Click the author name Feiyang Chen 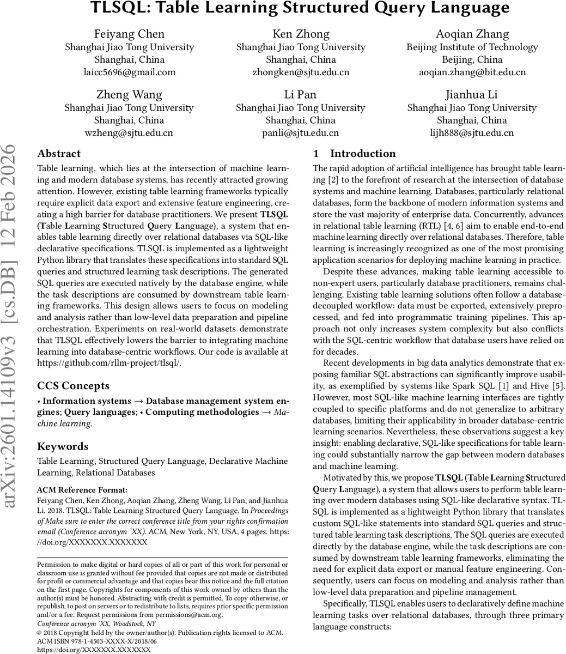point(129,34)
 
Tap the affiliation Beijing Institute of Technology point(472,47)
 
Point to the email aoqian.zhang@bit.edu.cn point(472,72)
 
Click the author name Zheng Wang point(129,94)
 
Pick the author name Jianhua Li point(472,94)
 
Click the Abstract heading point(59,154)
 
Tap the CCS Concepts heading point(73,386)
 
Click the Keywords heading point(63,446)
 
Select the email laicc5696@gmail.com point(129,72)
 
